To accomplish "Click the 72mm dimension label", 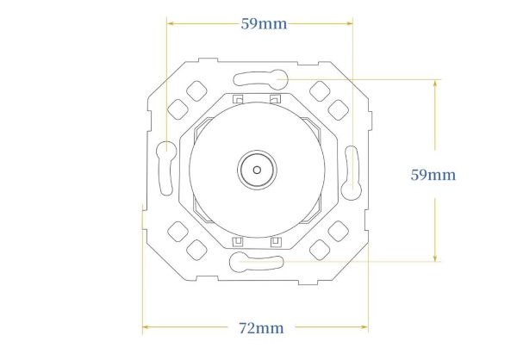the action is point(261,328).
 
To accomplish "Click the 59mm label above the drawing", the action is point(264,24).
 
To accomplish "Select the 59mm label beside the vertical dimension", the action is point(433,175).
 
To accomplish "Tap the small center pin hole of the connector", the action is point(257,171).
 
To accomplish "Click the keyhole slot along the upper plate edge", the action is point(261,79).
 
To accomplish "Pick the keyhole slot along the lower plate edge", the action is point(257,262).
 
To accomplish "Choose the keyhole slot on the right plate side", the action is point(352,173).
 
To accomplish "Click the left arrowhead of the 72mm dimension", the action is point(146,327).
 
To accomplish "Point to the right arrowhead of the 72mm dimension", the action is point(364,327).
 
